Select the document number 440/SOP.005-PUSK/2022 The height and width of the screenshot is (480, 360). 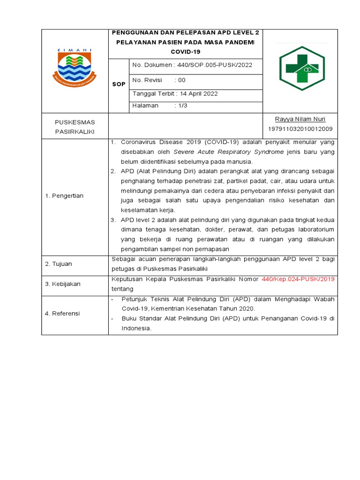[212, 65]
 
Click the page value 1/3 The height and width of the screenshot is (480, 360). [181, 106]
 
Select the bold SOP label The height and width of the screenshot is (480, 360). [119, 84]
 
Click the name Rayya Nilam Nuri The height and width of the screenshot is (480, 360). [300, 119]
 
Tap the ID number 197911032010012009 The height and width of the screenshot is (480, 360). [300, 129]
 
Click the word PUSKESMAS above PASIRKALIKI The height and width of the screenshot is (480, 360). [75, 122]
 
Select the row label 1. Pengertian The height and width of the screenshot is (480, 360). [64, 196]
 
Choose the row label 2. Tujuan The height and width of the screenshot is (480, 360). [59, 264]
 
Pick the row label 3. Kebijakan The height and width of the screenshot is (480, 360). [63, 284]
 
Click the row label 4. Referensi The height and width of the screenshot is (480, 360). [63, 313]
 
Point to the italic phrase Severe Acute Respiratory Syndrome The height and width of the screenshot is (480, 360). [228, 152]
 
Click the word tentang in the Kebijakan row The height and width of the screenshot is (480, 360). [122, 289]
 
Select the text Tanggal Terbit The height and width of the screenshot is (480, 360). [150, 94]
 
